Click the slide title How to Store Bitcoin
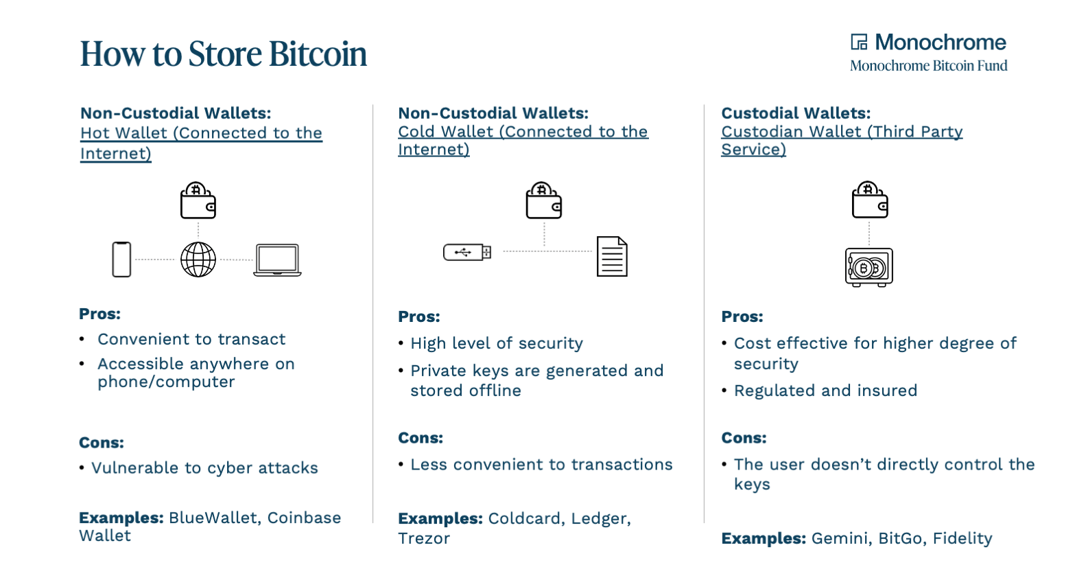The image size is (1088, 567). (224, 54)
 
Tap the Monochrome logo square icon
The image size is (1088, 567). (859, 43)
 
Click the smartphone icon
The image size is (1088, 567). (121, 259)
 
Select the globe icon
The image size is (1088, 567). (198, 259)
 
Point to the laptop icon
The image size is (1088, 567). (277, 260)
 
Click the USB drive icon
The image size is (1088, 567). (467, 252)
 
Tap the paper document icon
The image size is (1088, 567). (612, 257)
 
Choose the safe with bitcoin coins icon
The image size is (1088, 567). (869, 267)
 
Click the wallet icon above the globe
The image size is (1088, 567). (198, 200)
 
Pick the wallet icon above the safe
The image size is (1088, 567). (870, 200)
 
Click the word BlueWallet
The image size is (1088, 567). (212, 518)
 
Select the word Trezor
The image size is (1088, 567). (424, 538)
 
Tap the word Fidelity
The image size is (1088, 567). (962, 538)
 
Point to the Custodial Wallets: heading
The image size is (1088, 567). (796, 113)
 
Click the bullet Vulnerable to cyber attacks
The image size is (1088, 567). (204, 468)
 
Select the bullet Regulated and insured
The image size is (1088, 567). (825, 391)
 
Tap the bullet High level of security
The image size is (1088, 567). (497, 343)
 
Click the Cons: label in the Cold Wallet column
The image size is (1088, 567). (421, 438)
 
